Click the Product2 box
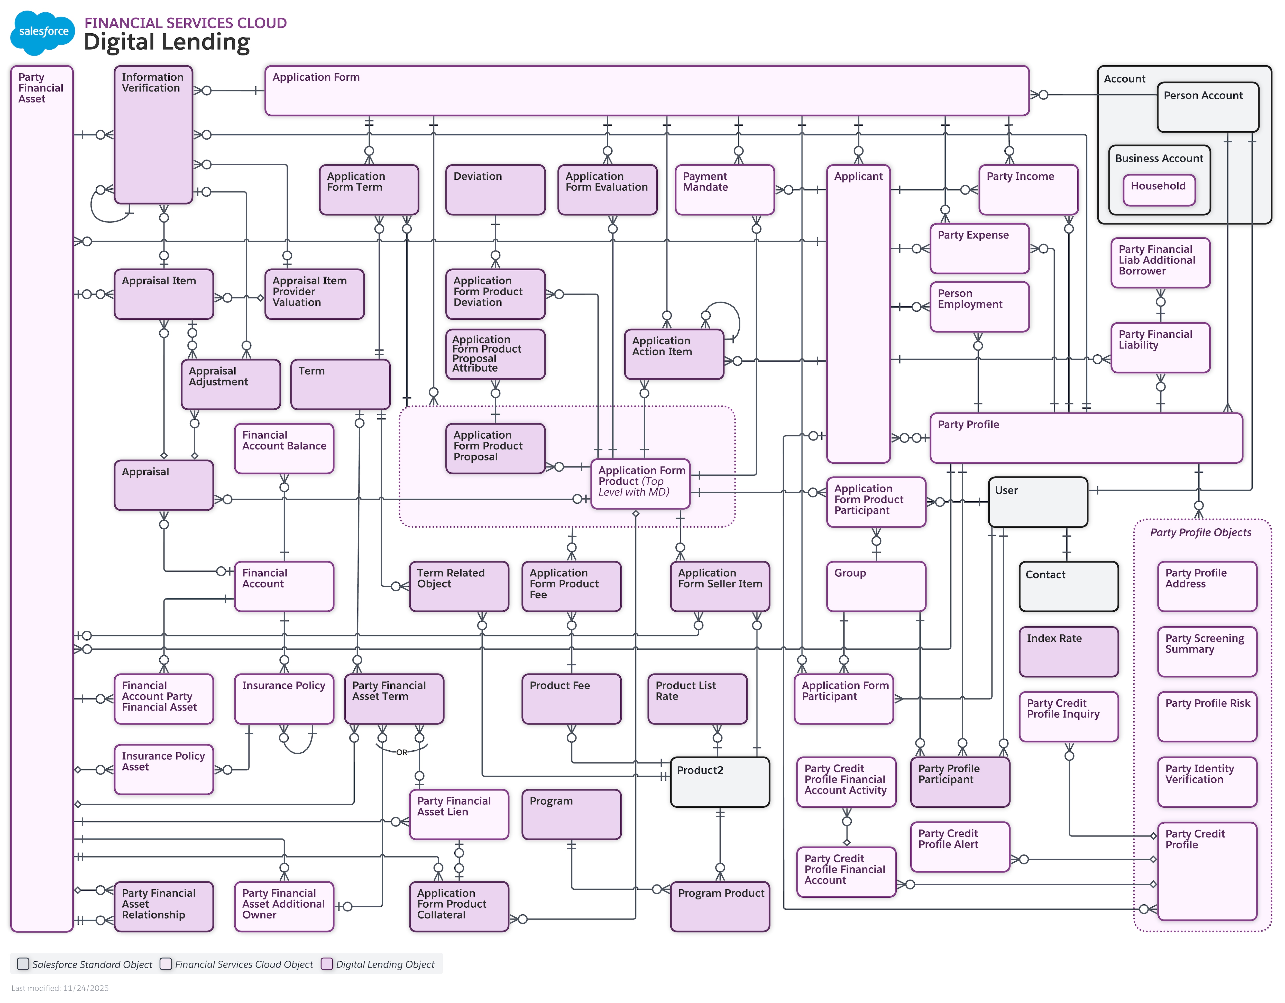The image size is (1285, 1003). [720, 781]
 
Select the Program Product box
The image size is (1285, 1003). [720, 906]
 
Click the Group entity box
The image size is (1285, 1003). [876, 586]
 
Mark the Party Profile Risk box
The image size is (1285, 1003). [1207, 716]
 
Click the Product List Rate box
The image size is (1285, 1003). [697, 698]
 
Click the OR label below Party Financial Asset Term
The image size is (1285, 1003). [401, 752]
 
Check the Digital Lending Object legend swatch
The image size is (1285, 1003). [327, 964]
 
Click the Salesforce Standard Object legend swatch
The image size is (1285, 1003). [23, 964]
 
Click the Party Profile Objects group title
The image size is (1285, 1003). [1200, 532]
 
